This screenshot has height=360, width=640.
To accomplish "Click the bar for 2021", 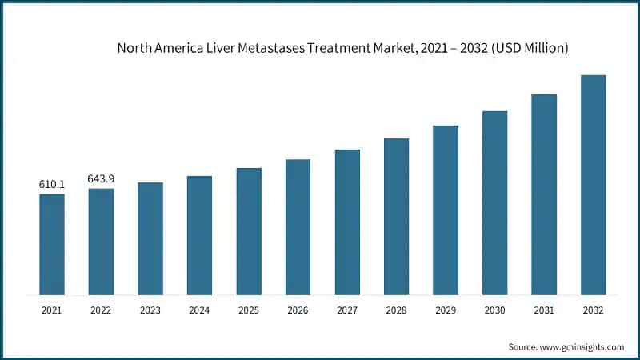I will pyautogui.click(x=52, y=244).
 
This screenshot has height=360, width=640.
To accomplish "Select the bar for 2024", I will pyautogui.click(x=199, y=235).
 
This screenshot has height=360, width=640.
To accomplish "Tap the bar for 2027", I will pyautogui.click(x=347, y=222).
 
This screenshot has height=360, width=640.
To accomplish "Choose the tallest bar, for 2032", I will pyautogui.click(x=593, y=185).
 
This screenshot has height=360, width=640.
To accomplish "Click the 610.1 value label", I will pyautogui.click(x=52, y=185).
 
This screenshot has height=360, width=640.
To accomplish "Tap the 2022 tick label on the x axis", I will pyautogui.click(x=101, y=309).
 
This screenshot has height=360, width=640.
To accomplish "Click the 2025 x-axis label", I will pyautogui.click(x=249, y=309).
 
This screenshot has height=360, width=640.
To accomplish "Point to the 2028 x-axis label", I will pyautogui.click(x=396, y=309).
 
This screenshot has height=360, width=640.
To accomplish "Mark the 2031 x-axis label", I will pyautogui.click(x=544, y=309).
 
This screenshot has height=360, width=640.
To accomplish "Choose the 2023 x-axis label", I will pyautogui.click(x=150, y=309).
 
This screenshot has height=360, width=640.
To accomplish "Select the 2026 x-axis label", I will pyautogui.click(x=298, y=309).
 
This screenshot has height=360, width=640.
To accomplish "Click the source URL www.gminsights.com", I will pyautogui.click(x=582, y=346).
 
